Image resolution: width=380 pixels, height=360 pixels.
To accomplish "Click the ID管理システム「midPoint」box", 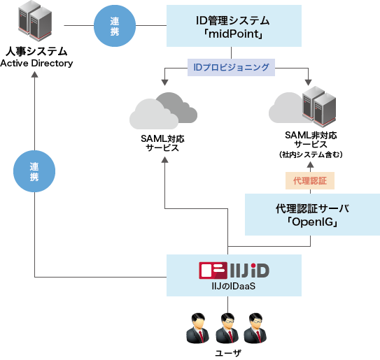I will pyautogui.click(x=233, y=27).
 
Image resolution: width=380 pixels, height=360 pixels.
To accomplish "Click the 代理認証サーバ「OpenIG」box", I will pyautogui.click(x=312, y=215).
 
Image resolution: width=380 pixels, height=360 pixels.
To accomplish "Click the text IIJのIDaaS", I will pyautogui.click(x=233, y=285).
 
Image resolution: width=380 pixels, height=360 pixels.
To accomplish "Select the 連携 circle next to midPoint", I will pyautogui.click(x=115, y=27).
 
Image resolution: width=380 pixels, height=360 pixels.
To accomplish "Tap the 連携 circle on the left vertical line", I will pyautogui.click(x=34, y=173).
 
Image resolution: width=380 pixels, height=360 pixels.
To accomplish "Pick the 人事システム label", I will pyautogui.click(x=36, y=52).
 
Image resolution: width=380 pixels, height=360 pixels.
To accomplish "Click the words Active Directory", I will pyautogui.click(x=36, y=64).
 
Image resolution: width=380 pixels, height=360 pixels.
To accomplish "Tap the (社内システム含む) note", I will pyautogui.click(x=307, y=154).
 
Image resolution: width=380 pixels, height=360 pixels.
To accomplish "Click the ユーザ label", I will pyautogui.click(x=227, y=353).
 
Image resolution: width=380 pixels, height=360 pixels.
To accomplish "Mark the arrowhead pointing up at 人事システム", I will pyautogui.click(x=34, y=75).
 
